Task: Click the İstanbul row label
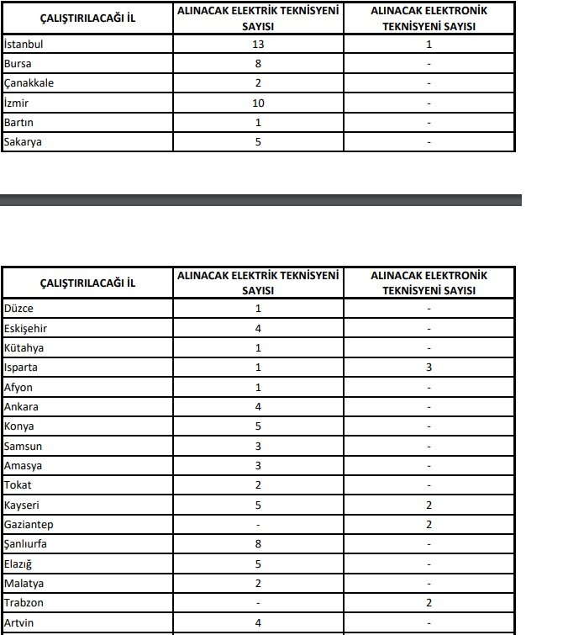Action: click(24, 44)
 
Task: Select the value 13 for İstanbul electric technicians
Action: click(258, 44)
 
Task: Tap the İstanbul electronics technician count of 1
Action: click(429, 44)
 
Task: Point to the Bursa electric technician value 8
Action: click(258, 63)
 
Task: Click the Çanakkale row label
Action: click(29, 83)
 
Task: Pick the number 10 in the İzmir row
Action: click(258, 103)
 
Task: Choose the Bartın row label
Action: click(19, 123)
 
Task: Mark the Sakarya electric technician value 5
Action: click(258, 142)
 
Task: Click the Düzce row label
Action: click(19, 309)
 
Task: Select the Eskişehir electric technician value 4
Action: click(258, 328)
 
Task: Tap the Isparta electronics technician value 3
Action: click(429, 368)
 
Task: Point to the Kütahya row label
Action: click(24, 348)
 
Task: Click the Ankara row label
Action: click(21, 407)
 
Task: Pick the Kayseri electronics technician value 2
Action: click(429, 505)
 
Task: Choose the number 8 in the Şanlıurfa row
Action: click(258, 544)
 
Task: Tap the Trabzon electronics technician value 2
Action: click(429, 603)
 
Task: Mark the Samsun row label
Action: click(24, 447)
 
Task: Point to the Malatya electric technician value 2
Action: click(258, 584)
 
